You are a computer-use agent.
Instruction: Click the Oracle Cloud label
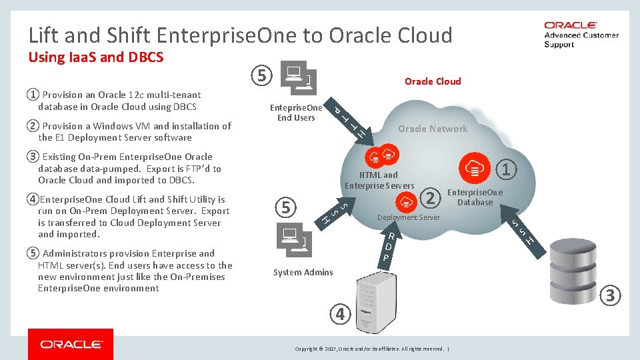point(433,81)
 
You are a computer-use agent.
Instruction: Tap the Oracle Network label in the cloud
point(433,129)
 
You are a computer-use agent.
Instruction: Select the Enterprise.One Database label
point(475,197)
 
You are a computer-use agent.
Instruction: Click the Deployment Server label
point(409,218)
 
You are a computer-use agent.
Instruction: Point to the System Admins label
point(303,272)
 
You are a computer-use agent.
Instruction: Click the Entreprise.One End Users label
point(296,113)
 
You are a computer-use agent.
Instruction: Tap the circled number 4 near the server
point(340,313)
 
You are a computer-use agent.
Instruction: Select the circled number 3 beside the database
point(611,293)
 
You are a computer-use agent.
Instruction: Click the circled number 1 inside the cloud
point(505,170)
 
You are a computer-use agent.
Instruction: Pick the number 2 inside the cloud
point(431,197)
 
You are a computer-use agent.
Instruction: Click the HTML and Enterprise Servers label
point(379,180)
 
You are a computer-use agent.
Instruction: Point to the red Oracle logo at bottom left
point(71,344)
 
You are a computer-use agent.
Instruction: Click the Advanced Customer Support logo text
point(581,39)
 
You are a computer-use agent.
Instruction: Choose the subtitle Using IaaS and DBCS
point(96,57)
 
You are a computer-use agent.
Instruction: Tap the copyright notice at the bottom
point(370,349)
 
